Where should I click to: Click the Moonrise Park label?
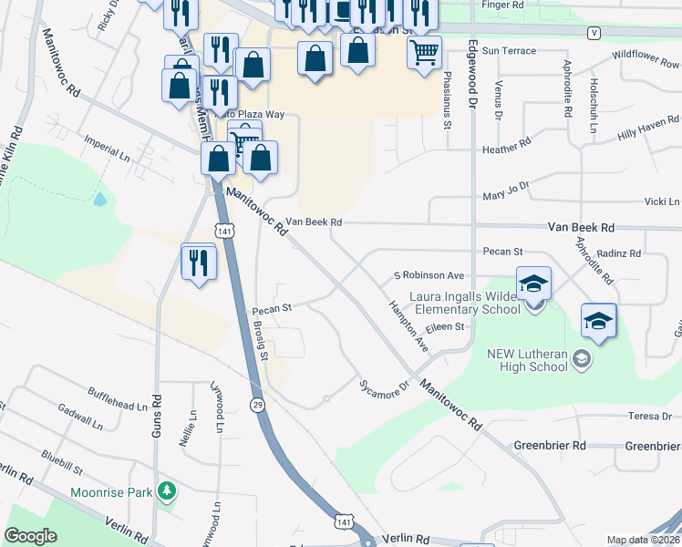(112, 493)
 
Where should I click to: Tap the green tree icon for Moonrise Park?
(166, 493)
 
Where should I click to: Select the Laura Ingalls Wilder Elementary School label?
(465, 303)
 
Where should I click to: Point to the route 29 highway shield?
(258, 403)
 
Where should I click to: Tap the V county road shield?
(594, 32)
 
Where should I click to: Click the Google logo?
(31, 536)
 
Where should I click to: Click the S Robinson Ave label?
(429, 274)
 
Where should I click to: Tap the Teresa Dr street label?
(649, 416)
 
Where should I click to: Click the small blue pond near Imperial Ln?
(99, 198)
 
